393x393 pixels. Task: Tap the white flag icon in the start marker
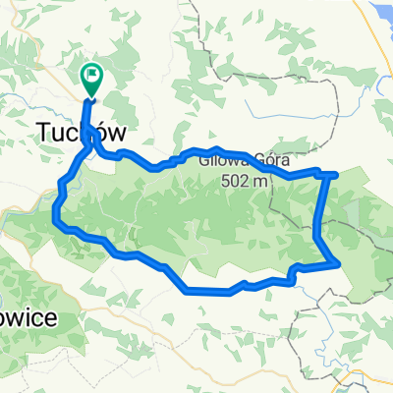point(91,73)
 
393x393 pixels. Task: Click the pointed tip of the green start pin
point(91,98)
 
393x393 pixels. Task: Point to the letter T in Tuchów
point(45,131)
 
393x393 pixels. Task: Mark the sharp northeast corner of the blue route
point(337,175)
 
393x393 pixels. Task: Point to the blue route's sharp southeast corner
point(339,263)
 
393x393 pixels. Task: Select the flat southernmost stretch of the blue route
point(208,291)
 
